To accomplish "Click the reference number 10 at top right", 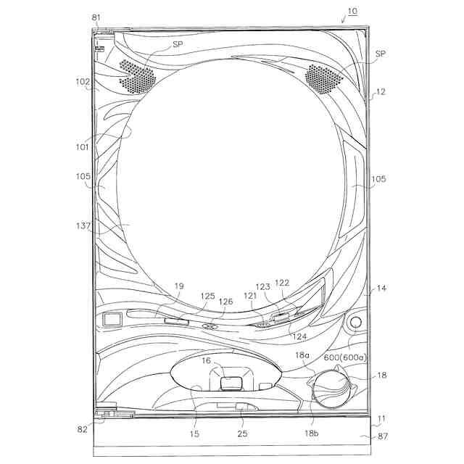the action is point(352,12).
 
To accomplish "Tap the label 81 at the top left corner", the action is point(96,17).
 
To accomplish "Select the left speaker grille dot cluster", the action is point(137,75).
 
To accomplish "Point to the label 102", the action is point(83,82).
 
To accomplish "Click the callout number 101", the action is point(82,146).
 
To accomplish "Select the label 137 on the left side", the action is point(83,225).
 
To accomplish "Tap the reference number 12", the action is point(381,92).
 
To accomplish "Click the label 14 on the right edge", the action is point(381,288).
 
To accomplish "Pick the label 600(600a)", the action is point(345,357).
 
